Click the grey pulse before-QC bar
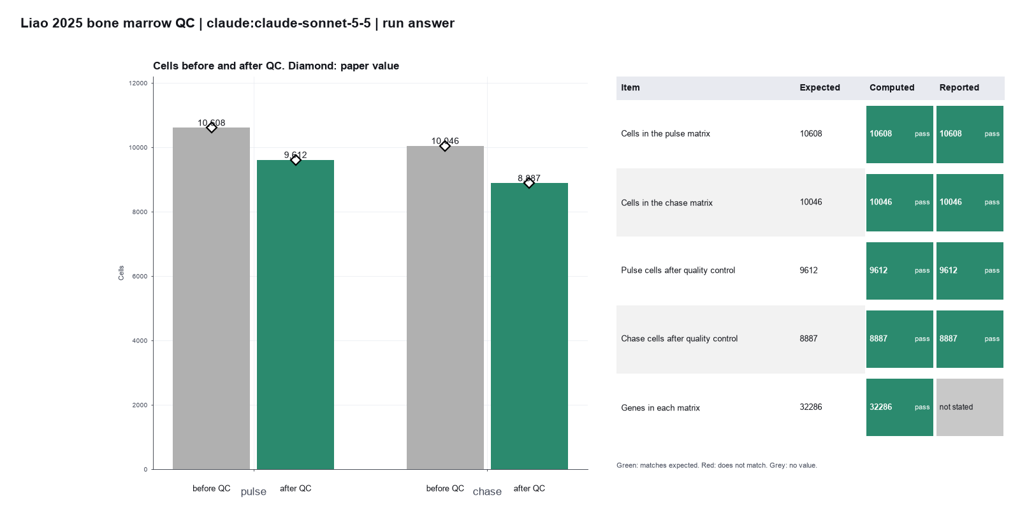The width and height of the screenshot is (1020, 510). tap(211, 298)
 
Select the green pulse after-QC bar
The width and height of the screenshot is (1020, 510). tap(296, 315)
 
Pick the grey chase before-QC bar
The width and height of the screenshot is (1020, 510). tap(445, 307)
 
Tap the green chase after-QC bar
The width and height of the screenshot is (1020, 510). tap(529, 326)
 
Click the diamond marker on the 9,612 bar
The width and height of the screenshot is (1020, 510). tap(296, 160)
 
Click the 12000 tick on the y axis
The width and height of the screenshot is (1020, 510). tap(138, 84)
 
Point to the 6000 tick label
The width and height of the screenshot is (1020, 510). tap(140, 277)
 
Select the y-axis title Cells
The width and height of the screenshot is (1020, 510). tap(121, 273)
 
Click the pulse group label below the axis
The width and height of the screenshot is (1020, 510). tap(254, 492)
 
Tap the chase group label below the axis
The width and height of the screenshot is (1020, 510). tap(487, 492)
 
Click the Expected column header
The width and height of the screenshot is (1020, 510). tap(820, 87)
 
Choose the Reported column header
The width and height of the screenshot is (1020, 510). tap(959, 87)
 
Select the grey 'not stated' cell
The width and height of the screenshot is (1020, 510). tap(970, 407)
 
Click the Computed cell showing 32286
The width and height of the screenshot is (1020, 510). tap(900, 407)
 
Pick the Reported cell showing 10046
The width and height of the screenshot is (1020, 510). tap(970, 202)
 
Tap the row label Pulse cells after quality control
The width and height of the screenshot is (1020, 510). tap(678, 270)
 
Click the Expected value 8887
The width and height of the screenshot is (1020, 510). tap(809, 339)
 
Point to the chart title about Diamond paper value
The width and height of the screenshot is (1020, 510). tap(276, 66)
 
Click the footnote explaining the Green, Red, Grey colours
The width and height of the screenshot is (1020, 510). tap(717, 465)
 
